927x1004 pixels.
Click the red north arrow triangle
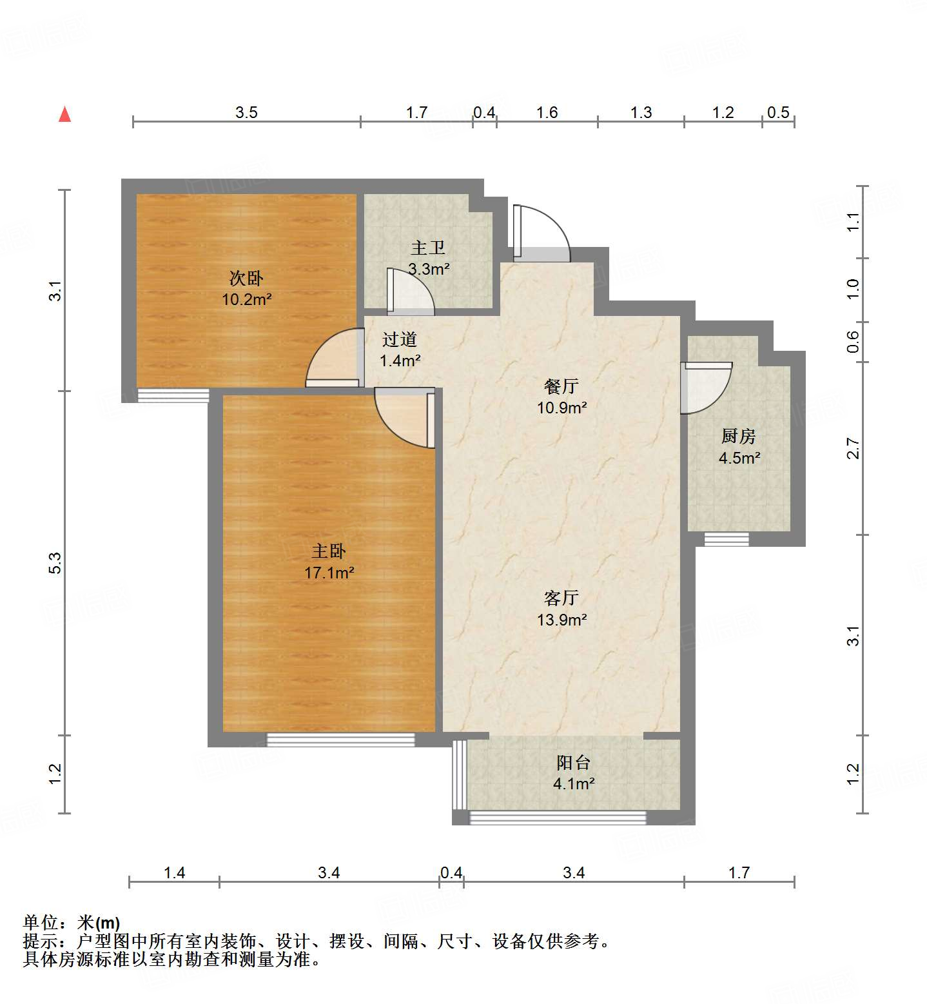[64, 115]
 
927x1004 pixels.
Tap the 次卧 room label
[246, 279]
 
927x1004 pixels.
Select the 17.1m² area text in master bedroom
[329, 573]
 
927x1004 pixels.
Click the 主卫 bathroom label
[428, 248]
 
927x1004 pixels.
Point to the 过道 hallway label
[400, 339]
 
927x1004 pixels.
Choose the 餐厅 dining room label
[561, 386]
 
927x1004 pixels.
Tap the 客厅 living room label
[561, 598]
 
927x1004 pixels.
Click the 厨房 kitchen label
[738, 437]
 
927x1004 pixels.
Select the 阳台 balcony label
[573, 763]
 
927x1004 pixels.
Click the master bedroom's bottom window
[340, 740]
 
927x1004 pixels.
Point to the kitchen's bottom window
[726, 539]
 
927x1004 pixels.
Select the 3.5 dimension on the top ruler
[246, 113]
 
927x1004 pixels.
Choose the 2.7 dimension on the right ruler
[853, 448]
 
